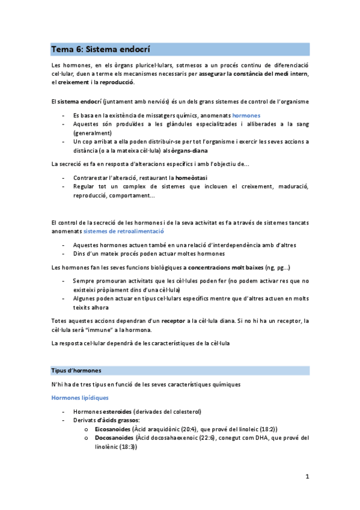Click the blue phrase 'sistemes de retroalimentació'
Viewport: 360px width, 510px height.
click(x=124, y=231)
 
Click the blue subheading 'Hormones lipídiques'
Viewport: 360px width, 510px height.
click(x=79, y=398)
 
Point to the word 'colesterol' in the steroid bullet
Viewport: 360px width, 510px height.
click(x=182, y=411)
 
